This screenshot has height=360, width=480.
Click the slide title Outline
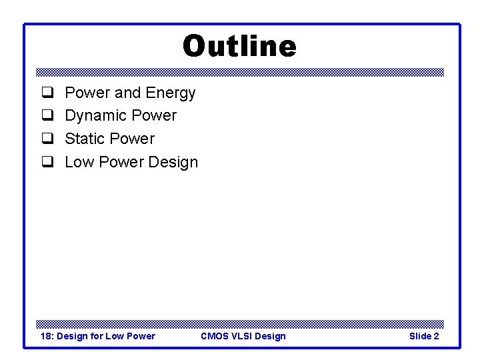coord(239,47)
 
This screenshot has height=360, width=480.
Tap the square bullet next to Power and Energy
coord(47,93)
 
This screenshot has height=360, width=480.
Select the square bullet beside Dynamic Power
coord(47,116)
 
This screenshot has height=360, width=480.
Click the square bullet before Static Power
coord(47,139)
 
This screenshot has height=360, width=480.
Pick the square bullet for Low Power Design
coord(47,162)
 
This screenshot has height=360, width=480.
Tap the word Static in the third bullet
coord(85,139)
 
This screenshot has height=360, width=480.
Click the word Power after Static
coord(132,139)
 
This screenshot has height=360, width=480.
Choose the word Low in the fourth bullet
coord(79,162)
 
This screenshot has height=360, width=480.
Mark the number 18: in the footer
coord(47,336)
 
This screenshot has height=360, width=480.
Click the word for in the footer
coord(97,336)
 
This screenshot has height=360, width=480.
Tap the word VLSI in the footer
coord(242,336)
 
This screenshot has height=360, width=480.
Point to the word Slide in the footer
coord(420,336)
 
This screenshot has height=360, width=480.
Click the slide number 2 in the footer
coord(436,336)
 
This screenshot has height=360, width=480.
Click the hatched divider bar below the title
coord(239,72)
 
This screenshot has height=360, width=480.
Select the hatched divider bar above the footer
coord(239,323)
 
